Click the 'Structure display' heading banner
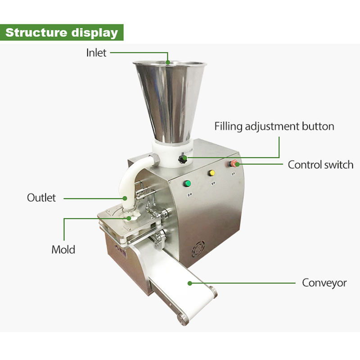(62, 33)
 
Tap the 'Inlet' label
(96, 53)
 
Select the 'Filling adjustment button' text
(274, 126)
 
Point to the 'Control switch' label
(320, 165)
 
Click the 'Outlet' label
(41, 198)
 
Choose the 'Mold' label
(63, 249)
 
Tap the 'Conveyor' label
(324, 283)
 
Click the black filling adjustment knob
(183, 159)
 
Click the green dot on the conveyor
(190, 283)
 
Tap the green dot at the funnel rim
(168, 63)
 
